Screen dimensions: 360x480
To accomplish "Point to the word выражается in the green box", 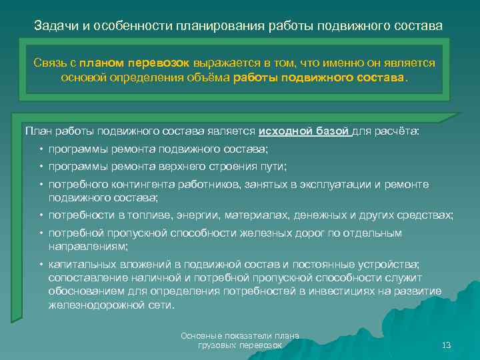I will coord(223,63).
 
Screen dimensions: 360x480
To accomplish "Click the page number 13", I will coord(446,345).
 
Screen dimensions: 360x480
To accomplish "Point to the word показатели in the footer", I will coord(241,335).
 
